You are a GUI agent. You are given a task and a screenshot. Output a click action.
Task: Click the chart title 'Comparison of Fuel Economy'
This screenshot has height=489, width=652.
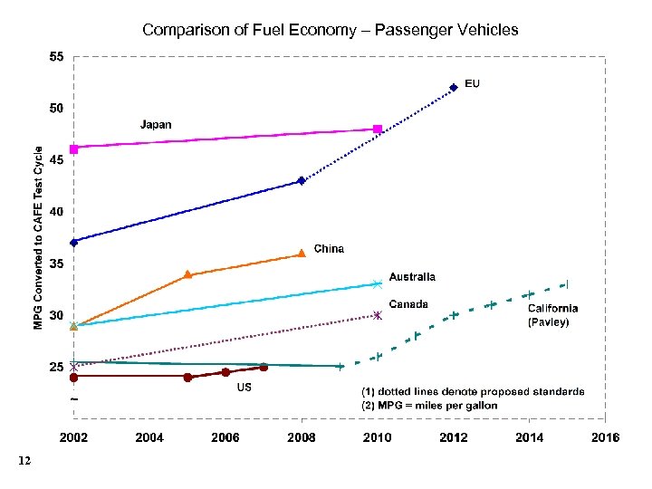330,30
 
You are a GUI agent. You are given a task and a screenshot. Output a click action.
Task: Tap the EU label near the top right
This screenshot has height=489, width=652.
472,84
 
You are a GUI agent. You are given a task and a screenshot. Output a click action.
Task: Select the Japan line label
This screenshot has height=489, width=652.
155,125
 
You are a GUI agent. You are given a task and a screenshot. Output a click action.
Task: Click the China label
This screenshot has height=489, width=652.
329,249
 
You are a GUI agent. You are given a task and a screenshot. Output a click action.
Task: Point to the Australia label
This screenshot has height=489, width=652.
412,277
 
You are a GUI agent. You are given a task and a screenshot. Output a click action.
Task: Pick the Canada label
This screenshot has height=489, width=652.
408,304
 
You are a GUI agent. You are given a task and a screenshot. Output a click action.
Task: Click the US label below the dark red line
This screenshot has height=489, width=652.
244,387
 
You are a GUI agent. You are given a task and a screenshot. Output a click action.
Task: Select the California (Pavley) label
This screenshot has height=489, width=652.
552,315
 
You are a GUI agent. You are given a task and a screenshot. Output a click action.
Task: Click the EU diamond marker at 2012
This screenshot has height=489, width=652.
454,88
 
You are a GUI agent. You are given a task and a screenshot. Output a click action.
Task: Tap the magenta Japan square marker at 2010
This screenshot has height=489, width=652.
378,129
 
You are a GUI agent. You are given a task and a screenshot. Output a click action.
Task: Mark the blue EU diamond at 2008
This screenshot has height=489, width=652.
302,181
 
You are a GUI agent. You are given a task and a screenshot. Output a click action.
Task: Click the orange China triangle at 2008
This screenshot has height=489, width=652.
302,254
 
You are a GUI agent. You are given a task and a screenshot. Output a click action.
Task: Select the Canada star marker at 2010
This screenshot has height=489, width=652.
378,315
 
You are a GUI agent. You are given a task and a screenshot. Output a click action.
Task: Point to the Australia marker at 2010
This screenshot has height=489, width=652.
378,284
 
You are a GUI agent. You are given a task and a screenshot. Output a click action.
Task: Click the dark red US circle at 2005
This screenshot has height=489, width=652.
187,378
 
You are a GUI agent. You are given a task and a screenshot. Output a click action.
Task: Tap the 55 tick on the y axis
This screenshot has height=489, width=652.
56,57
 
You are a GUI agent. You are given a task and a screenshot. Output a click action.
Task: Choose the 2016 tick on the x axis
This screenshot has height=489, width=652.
604,438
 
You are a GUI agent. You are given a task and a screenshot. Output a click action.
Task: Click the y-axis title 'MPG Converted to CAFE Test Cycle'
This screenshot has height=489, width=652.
39,225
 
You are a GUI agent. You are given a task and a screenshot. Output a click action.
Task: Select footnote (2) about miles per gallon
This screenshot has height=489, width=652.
429,406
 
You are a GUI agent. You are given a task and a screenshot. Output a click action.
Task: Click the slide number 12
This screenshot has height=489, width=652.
24,462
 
